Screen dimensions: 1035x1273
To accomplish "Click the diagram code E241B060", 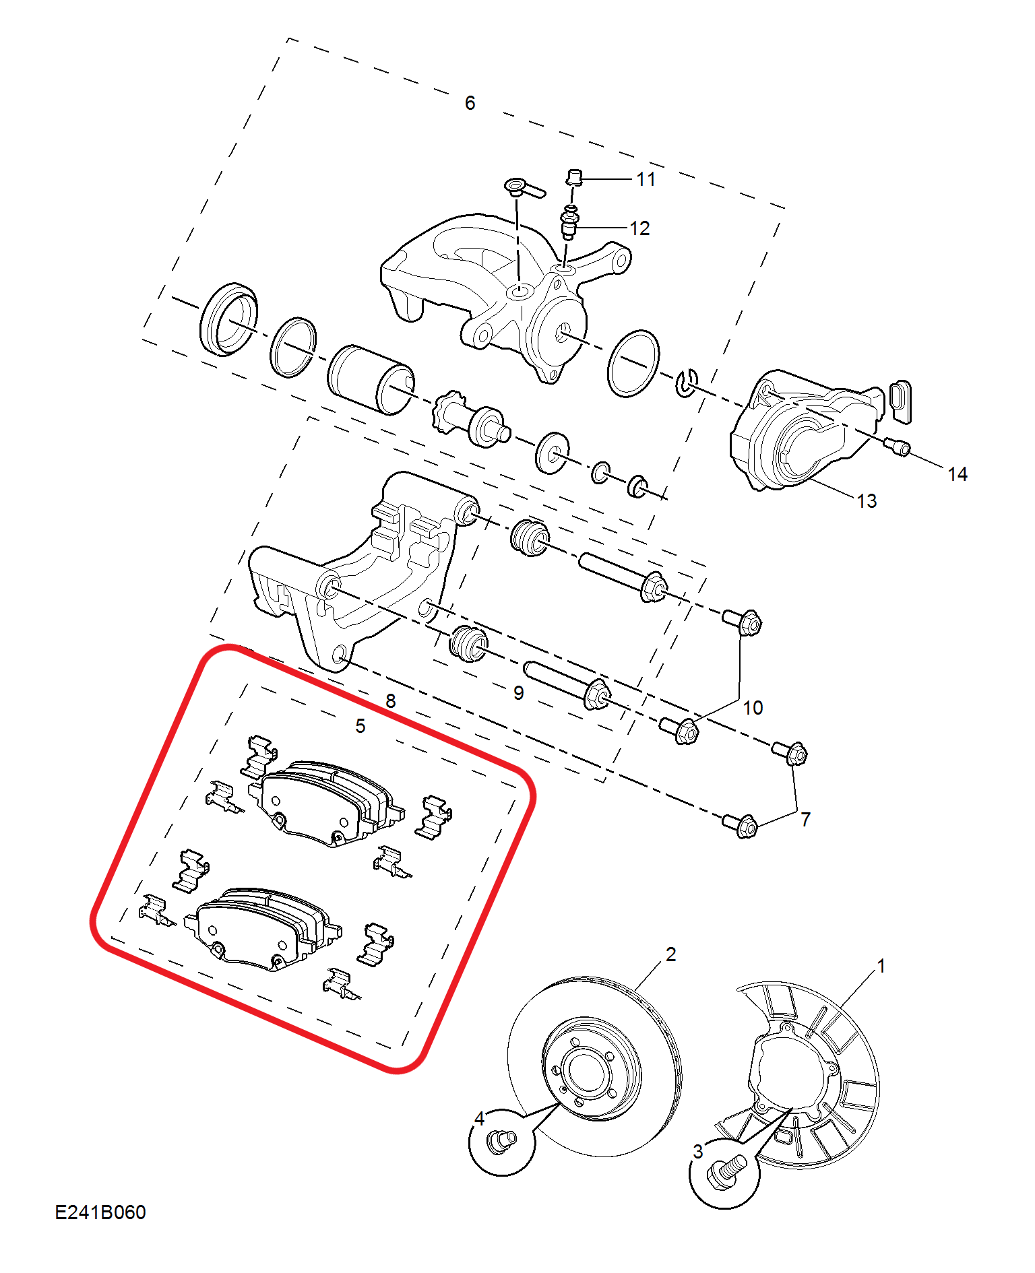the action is pyautogui.click(x=100, y=1212).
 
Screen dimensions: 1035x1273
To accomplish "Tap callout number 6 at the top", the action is pyautogui.click(x=470, y=103).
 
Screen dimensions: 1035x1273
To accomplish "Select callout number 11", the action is pyautogui.click(x=646, y=179).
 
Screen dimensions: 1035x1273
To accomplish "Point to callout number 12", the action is pyautogui.click(x=639, y=228).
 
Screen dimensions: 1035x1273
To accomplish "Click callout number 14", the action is pyautogui.click(x=958, y=474).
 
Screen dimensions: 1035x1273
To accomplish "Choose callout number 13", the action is pyautogui.click(x=867, y=501).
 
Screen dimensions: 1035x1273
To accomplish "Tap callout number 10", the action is pyautogui.click(x=753, y=708).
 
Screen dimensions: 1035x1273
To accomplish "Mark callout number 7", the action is pyautogui.click(x=805, y=820).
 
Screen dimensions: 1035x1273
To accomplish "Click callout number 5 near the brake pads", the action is pyautogui.click(x=360, y=726).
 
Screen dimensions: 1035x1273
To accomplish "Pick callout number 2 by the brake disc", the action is pyautogui.click(x=670, y=954).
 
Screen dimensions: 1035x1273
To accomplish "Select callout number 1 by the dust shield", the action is pyautogui.click(x=881, y=966).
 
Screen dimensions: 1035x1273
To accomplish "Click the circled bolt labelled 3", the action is pyautogui.click(x=725, y=1173).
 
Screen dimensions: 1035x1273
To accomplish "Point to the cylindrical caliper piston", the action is pyautogui.click(x=371, y=380).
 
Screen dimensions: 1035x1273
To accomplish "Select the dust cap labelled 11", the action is pyautogui.click(x=573, y=177).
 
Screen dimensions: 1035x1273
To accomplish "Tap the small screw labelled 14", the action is pyautogui.click(x=898, y=446).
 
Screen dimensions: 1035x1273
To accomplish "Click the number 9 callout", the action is pyautogui.click(x=518, y=693).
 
